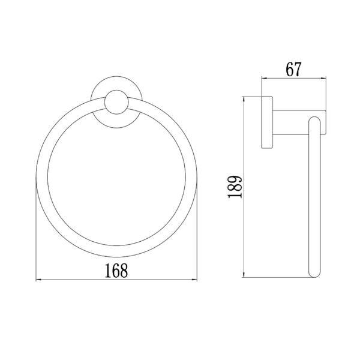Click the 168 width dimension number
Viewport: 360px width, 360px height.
(116, 271)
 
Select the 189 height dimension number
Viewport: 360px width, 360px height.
(235, 187)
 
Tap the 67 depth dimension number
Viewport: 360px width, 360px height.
(293, 69)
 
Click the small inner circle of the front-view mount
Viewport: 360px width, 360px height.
(116, 102)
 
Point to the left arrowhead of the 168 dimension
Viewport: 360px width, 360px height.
(38, 280)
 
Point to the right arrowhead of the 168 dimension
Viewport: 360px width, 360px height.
(194, 280)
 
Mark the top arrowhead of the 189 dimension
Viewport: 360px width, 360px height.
(244, 99)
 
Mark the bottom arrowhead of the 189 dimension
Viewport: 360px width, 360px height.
(244, 275)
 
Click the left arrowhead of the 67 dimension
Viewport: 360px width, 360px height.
(265, 79)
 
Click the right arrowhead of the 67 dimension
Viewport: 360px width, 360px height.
(323, 79)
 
